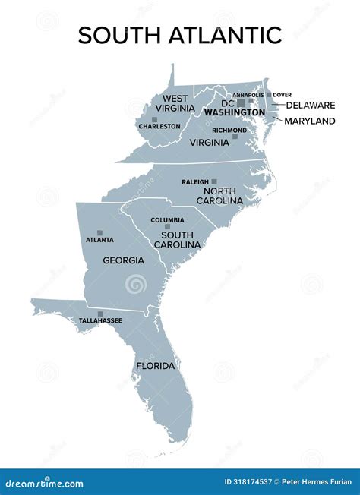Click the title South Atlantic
point(180,35)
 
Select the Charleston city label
point(159,126)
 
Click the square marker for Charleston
point(143,120)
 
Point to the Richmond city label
point(229,130)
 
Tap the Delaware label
point(309,105)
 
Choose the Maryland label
point(311,121)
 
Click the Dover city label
point(282,95)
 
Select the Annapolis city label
point(248,95)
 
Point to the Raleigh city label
point(195,182)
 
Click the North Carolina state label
point(219,195)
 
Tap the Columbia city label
point(167,220)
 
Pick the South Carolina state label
point(177,239)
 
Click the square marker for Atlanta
point(99,232)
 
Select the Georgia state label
point(124,260)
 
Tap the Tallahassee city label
point(100,321)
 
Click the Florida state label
point(156,366)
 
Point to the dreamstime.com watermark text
point(43,484)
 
